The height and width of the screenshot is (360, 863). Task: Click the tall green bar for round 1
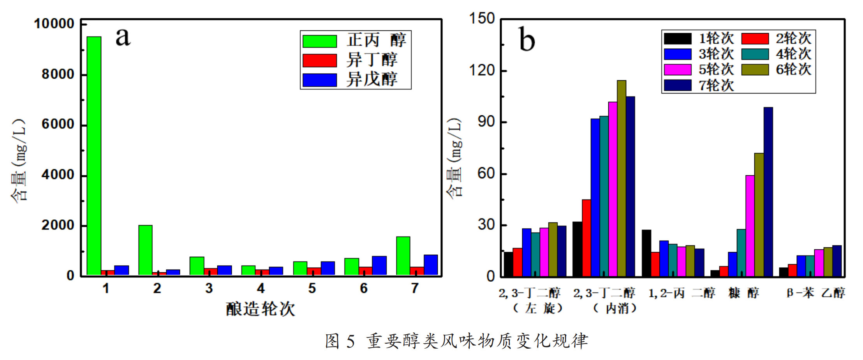click(x=94, y=156)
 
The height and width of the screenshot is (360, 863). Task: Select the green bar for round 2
click(x=145, y=250)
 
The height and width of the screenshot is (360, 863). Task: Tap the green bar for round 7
click(x=403, y=256)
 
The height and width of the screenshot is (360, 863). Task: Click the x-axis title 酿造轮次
click(x=261, y=309)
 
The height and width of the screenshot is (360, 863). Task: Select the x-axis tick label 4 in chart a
click(x=261, y=289)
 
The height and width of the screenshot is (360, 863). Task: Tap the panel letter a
click(x=123, y=37)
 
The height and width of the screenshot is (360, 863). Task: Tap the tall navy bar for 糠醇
click(x=768, y=192)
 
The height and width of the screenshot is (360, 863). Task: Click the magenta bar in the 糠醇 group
click(x=750, y=226)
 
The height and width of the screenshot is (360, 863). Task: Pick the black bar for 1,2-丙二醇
click(x=646, y=253)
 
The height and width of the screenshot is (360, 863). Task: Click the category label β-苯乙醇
click(x=815, y=293)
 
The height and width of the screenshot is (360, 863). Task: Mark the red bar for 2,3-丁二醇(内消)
click(x=586, y=238)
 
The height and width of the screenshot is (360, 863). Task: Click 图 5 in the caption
click(x=340, y=341)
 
